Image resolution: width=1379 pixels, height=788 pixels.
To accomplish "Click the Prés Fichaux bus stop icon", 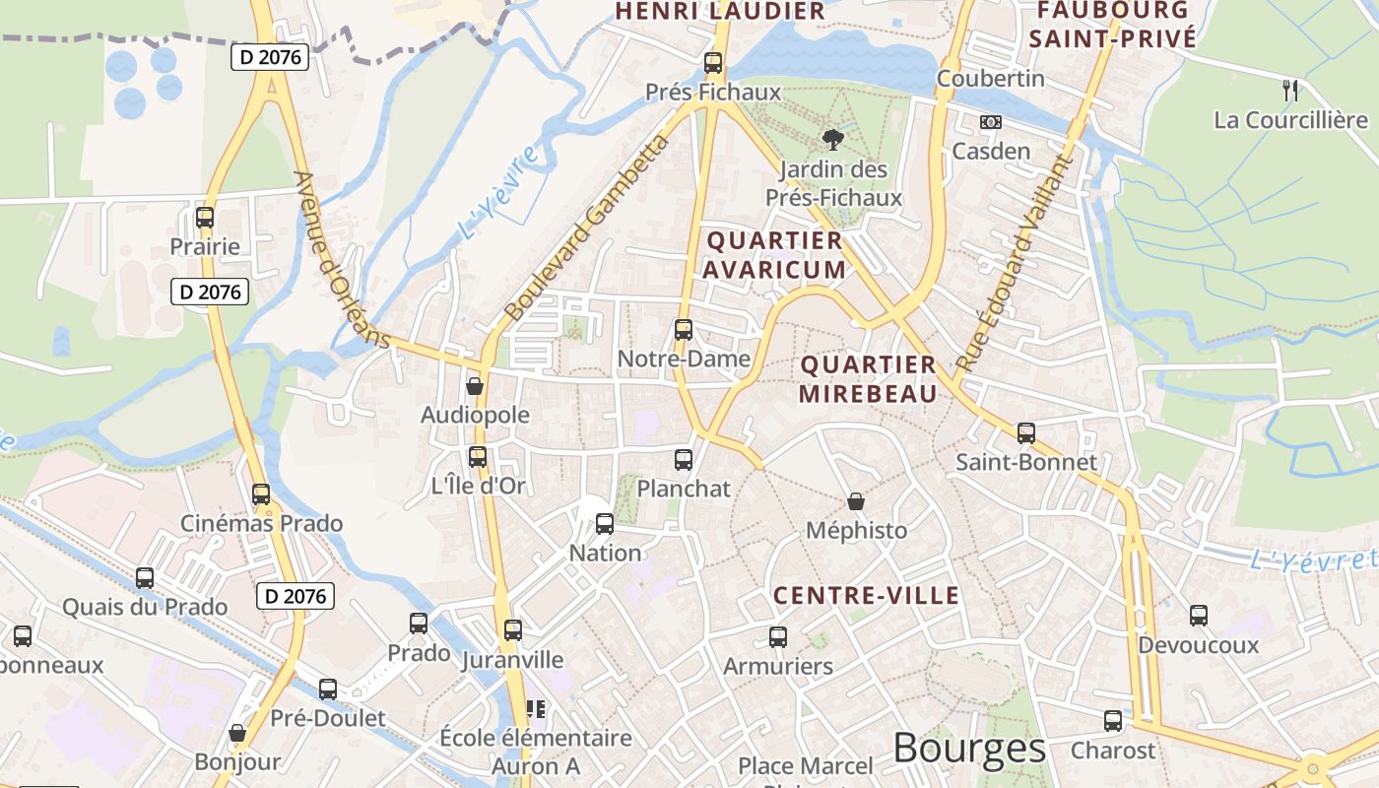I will (713, 63).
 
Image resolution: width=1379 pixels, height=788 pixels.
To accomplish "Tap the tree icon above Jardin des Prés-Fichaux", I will (833, 139).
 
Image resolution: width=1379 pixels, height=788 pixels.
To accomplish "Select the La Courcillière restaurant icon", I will (1290, 91).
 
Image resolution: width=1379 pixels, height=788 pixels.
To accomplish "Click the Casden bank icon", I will (990, 122).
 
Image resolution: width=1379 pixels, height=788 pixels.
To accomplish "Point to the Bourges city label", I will (969, 750).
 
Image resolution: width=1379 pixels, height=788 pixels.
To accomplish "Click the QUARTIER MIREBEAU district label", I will (867, 379).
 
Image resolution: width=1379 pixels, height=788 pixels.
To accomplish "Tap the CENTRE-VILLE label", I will (866, 595).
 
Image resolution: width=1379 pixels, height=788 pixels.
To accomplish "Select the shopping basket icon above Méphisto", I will (856, 501).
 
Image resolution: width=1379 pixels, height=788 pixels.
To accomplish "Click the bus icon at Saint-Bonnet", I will (1026, 432).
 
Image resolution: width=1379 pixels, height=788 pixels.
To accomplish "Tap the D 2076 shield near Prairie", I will (209, 292).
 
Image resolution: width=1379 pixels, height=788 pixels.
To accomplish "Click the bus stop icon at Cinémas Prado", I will (261, 494).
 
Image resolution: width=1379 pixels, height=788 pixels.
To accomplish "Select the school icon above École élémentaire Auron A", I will (536, 708).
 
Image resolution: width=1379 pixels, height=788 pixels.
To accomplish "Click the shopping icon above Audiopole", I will (475, 386).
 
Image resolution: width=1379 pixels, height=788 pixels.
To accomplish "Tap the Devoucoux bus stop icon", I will (1199, 616).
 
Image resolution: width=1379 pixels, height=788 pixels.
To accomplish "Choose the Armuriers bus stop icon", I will (778, 636).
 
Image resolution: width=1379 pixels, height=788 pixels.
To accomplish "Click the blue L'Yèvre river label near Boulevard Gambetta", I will (498, 193).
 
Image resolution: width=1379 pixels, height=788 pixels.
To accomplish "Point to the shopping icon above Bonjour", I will (237, 733).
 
